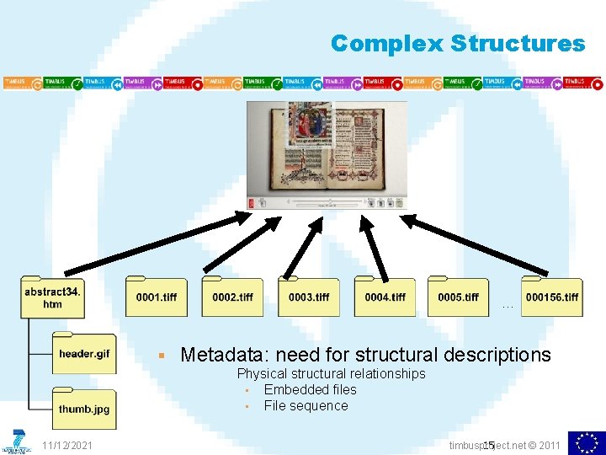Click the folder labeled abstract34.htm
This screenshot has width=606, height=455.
[x=52, y=297]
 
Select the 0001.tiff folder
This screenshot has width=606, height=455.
[x=157, y=297]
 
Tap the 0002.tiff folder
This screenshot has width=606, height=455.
[x=232, y=297]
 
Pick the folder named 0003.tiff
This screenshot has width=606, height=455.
[x=309, y=297]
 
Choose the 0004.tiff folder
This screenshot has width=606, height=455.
[x=385, y=297]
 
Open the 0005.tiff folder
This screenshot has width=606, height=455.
[x=458, y=297]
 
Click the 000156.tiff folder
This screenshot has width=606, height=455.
[x=552, y=297]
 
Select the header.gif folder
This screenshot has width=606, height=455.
[x=84, y=354]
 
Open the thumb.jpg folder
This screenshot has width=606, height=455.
[x=84, y=409]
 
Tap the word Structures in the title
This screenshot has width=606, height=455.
[x=518, y=43]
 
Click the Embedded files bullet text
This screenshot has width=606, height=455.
[x=310, y=389]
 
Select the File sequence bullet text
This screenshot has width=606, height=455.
[x=306, y=405]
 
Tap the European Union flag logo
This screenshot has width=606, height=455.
[x=587, y=442]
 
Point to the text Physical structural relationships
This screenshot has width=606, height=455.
[x=331, y=373]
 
